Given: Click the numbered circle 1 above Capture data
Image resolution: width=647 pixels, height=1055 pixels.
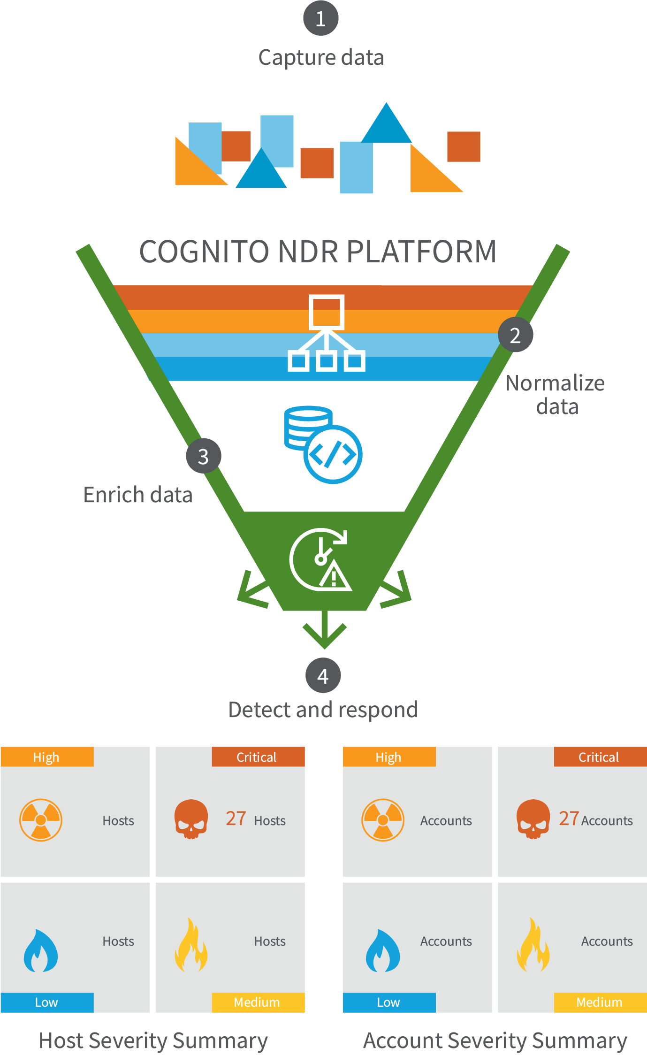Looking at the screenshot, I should (x=320, y=18).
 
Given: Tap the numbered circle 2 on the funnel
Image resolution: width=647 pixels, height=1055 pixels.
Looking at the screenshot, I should (x=515, y=335).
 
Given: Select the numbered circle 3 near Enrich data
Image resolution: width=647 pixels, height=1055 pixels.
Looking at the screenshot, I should (x=203, y=456).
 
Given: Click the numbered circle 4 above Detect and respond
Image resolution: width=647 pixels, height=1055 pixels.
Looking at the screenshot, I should (x=323, y=675).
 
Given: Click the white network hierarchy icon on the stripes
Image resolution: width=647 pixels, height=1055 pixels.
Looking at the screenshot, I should (x=327, y=333).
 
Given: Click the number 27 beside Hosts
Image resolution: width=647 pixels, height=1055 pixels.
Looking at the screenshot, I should (x=236, y=818).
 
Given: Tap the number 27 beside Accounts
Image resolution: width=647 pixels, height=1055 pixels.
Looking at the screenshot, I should (x=569, y=818).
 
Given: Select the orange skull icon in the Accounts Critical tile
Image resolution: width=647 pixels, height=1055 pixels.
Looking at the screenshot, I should (x=533, y=819).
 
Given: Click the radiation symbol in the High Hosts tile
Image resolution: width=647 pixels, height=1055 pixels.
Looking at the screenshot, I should (x=41, y=820).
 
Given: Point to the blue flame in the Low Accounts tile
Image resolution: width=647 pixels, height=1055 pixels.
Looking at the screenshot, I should (x=383, y=950).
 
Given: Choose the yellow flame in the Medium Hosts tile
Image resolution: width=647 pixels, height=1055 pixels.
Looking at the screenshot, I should (x=191, y=946).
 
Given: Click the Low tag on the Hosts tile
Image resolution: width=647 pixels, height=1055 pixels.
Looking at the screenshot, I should (x=47, y=1002).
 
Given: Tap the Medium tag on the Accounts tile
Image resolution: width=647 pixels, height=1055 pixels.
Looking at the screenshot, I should (x=600, y=1002).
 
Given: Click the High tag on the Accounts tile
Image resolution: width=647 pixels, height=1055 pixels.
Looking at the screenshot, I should (x=389, y=757).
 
